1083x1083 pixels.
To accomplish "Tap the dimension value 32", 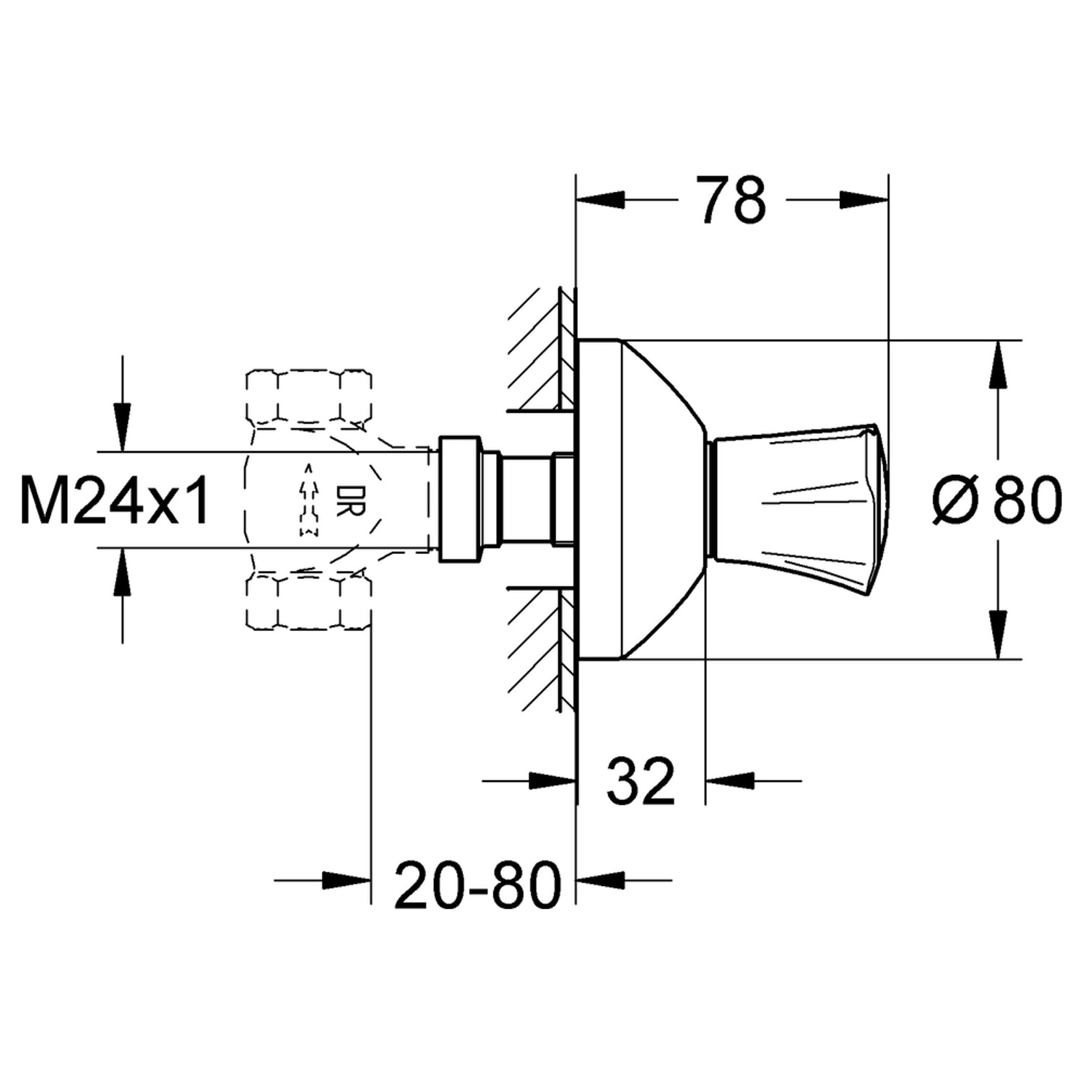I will click(640, 781).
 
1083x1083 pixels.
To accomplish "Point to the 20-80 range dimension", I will click(477, 884).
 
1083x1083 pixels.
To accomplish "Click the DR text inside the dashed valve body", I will click(343, 500).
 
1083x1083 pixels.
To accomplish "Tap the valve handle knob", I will click(798, 499).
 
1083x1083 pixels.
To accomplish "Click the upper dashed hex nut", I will click(309, 396).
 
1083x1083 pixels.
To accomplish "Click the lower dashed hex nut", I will click(309, 601).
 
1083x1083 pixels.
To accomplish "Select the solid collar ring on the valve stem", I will click(459, 499).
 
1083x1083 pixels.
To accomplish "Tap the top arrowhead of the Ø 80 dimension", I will click(998, 364).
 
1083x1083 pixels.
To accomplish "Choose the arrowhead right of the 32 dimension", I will click(729, 780).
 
